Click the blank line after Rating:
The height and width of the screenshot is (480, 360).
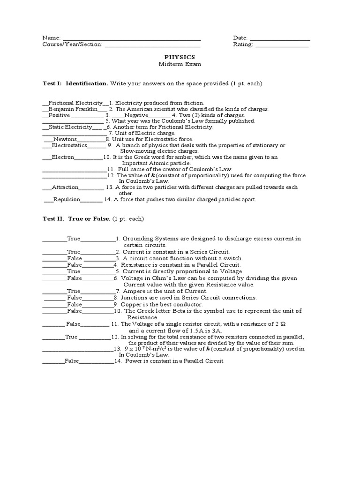point(282,45)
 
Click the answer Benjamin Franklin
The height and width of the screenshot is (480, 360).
point(73,109)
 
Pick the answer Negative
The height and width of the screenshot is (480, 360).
point(136,115)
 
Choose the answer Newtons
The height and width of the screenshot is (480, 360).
point(64,139)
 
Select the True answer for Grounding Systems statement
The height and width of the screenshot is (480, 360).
point(74,239)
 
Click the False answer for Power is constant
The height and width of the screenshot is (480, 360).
point(72,361)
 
